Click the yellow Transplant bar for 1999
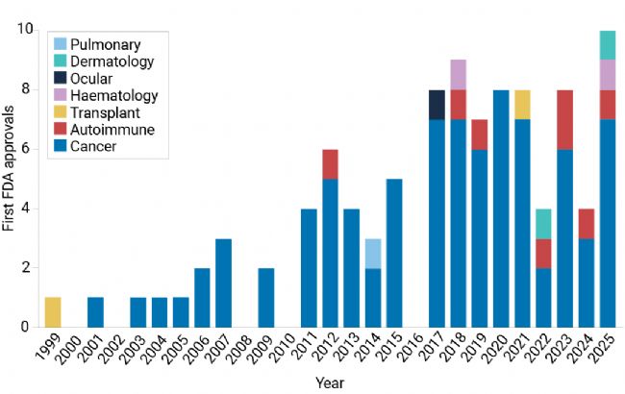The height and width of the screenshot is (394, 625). (54, 312)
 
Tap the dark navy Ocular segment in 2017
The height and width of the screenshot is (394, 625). (437, 105)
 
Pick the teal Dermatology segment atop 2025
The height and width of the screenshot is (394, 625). (608, 45)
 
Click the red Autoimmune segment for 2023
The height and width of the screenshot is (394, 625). (565, 120)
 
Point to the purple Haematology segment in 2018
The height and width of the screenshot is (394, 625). (459, 75)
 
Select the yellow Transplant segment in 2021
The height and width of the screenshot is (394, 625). (522, 105)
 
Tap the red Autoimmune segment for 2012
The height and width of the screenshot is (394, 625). (331, 164)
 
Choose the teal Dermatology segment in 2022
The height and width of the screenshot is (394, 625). (544, 224)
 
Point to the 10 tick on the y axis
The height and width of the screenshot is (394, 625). (28, 30)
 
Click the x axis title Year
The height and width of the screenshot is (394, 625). (331, 383)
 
